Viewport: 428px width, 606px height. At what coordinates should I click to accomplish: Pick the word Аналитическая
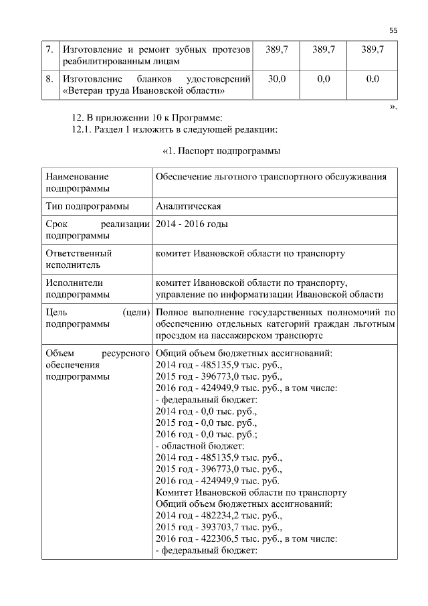[188, 206]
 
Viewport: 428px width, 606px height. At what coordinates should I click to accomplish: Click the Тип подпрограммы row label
[87, 206]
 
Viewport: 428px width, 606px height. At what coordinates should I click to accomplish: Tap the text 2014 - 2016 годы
[191, 224]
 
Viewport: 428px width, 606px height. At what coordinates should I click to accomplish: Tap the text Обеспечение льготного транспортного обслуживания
[271, 177]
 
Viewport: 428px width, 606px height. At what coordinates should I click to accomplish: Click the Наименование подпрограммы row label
[77, 183]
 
